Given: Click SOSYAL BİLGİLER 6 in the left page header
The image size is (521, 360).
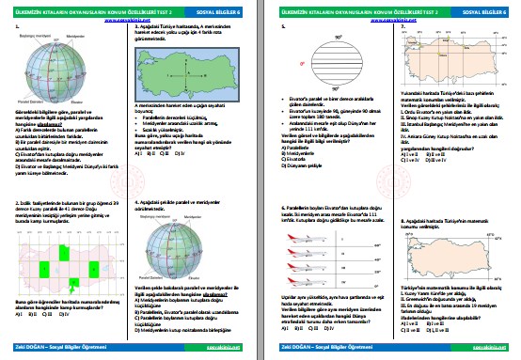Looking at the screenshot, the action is pos(229,8).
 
